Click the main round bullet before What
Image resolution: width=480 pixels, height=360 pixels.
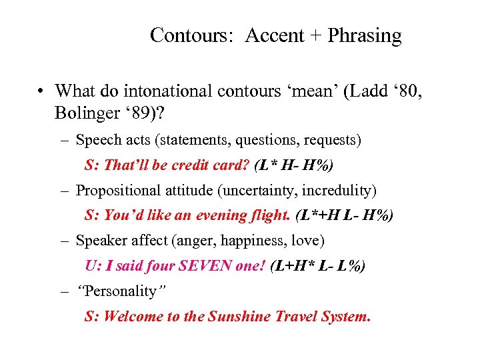[41, 91]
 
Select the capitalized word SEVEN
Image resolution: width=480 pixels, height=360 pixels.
[202, 265]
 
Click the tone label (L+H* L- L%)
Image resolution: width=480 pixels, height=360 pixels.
[318, 265]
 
